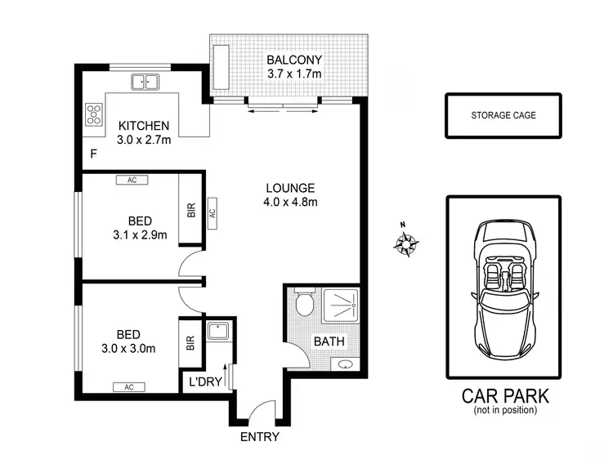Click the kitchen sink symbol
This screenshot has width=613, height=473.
tap(145, 82)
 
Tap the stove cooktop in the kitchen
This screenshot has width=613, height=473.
tap(94, 114)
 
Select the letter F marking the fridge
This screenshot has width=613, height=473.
tap(93, 153)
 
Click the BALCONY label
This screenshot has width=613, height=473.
tap(295, 60)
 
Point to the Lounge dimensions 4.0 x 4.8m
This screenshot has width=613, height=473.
tap(290, 202)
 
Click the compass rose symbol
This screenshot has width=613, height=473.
tap(405, 242)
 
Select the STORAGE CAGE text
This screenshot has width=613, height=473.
tap(503, 115)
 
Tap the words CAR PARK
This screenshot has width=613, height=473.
tap(505, 396)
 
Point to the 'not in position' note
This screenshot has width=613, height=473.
tap(505, 410)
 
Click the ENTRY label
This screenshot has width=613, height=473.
tap(259, 436)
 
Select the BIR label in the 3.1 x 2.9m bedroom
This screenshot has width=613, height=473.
tap(191, 209)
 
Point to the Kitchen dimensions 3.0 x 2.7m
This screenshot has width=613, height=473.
tap(144, 141)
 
